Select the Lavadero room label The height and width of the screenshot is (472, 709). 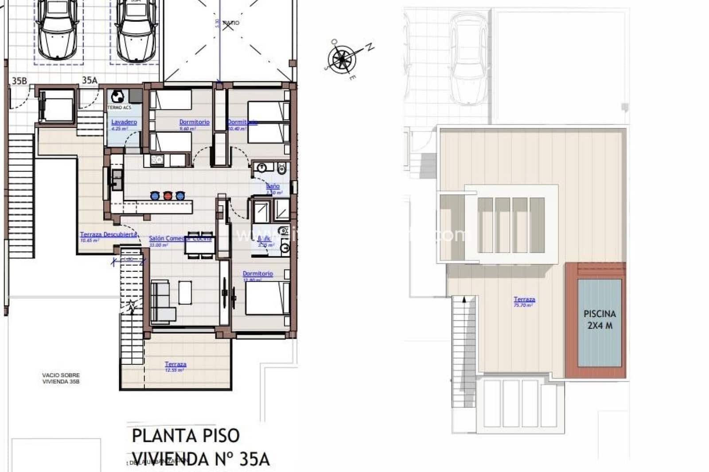pos(124,122)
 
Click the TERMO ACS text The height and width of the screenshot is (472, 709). pos(119,108)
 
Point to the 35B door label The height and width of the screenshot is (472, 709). pos(19,81)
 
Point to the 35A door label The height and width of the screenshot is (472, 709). pos(90,80)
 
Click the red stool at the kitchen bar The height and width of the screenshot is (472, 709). pos(168,196)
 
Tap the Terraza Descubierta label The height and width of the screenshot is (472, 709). pos(108,235)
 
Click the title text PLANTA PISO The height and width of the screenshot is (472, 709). pos(186,436)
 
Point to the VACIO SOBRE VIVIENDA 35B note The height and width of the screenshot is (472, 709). pos(61,378)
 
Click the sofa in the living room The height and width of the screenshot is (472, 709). pos(161,301)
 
